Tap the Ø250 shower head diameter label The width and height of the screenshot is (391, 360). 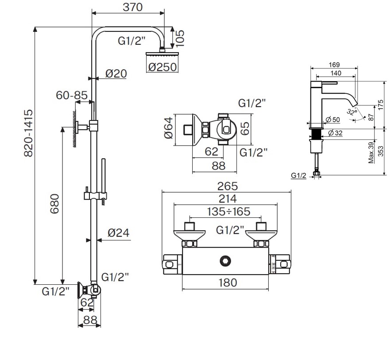(163, 67)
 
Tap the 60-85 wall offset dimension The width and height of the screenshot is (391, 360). (71, 95)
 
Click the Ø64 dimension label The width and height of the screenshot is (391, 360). (168, 128)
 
